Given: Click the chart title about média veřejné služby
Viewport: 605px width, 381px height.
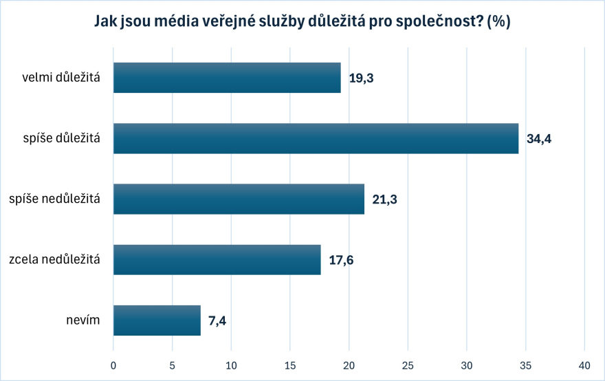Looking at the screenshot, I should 302,21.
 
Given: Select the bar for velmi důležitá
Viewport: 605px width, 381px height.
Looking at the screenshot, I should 227,78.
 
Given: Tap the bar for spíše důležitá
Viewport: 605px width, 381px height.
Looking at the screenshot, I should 316,138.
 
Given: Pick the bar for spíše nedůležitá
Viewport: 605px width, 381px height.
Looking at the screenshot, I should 239,199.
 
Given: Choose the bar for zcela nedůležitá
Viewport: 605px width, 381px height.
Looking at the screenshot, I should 217,259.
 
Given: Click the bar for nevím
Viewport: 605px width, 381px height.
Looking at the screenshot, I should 157,320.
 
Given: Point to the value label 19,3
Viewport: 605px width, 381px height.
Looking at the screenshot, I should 361,78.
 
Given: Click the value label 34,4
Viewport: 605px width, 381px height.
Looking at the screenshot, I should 539,139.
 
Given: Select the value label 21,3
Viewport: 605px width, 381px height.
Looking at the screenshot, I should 384,199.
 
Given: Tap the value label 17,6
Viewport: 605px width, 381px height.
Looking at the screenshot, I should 341,260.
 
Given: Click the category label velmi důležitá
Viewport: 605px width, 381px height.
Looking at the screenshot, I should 61,78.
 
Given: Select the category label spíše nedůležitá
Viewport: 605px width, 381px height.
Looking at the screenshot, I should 54,199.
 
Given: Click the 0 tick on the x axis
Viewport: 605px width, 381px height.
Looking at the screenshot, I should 113,364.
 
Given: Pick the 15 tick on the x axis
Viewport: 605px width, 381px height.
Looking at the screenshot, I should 290,364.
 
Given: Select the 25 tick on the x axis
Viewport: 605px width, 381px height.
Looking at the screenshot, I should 408,364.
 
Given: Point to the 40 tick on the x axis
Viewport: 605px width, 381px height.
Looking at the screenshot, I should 584,364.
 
